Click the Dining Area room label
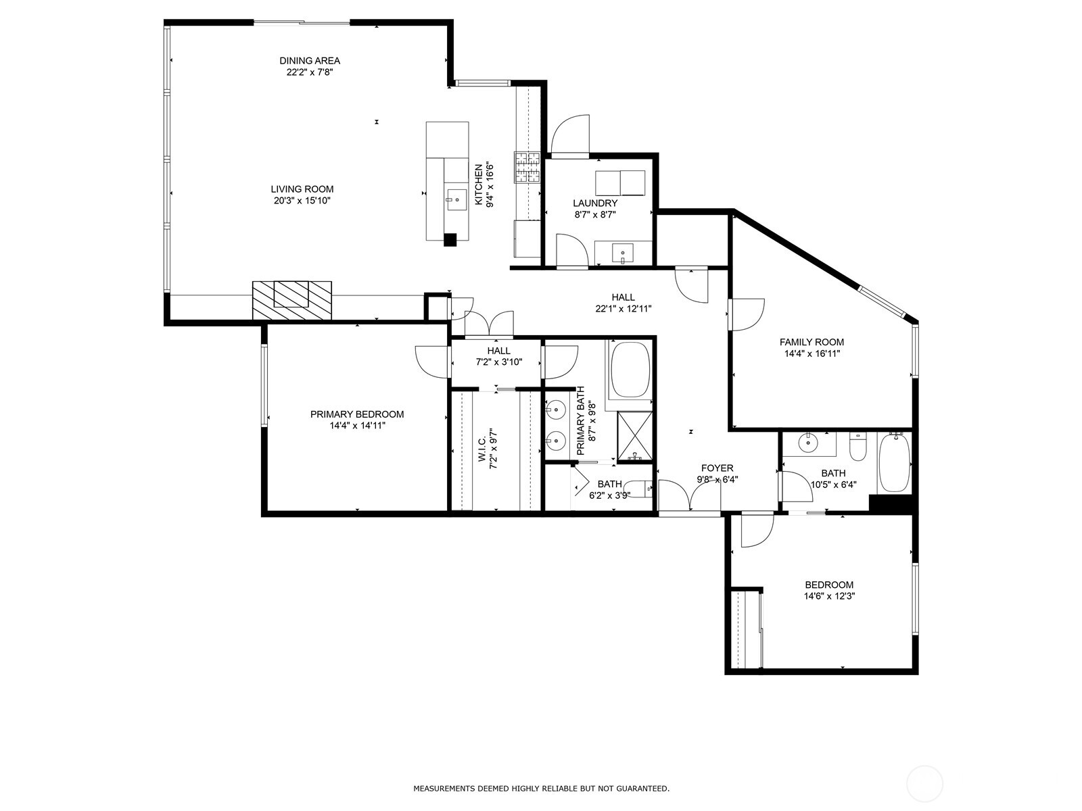tap(310, 61)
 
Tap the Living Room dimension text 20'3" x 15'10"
tap(302, 201)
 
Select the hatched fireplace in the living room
tap(292, 300)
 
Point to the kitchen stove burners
tap(528, 168)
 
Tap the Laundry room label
tap(595, 203)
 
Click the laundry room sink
tap(623, 253)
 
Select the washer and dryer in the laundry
tap(620, 182)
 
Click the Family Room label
tap(811, 342)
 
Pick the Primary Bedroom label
tap(357, 414)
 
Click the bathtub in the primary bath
tap(630, 370)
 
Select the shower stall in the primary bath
tap(635, 436)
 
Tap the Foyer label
tap(717, 468)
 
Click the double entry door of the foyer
tap(690, 497)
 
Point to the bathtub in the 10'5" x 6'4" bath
tap(894, 463)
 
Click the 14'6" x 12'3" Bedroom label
tap(828, 585)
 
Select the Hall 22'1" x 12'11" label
tap(623, 297)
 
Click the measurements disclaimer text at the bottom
tap(541, 788)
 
